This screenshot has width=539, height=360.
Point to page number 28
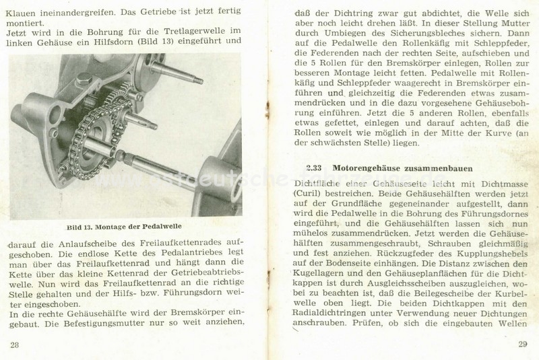click(15, 345)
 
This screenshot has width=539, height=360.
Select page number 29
click(523, 345)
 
